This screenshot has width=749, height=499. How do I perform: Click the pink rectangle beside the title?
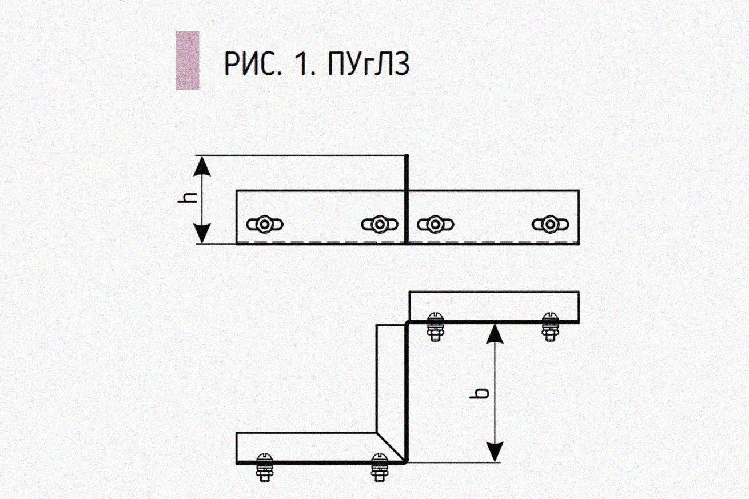coord(187,61)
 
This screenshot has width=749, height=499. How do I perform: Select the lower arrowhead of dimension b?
coord(495,452)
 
